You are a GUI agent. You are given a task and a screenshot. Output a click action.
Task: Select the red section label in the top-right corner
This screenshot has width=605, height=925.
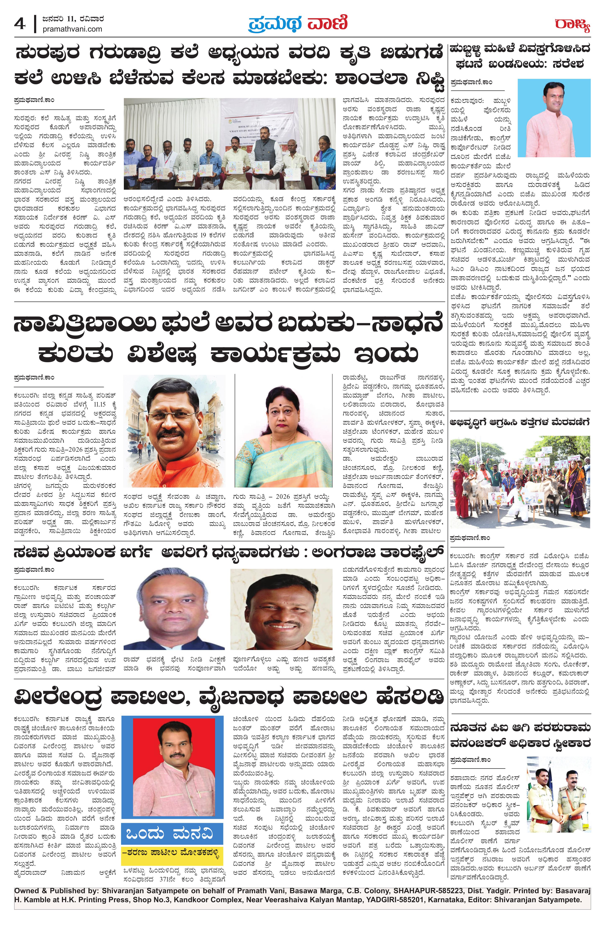572,26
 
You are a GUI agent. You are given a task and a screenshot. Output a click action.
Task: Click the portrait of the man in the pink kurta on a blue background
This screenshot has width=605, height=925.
554,118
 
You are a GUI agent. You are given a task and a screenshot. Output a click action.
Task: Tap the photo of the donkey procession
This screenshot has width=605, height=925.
520,482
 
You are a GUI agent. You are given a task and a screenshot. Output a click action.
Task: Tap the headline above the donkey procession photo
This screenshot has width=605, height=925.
520,422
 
